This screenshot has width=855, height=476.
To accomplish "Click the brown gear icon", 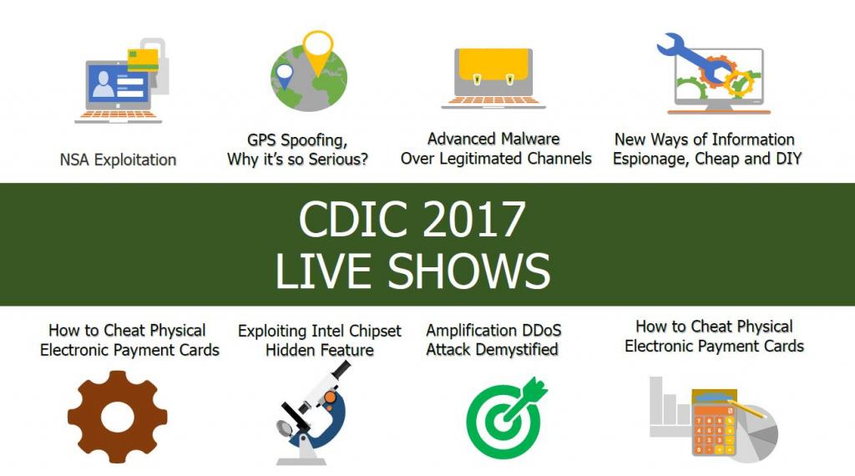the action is click(x=117, y=417).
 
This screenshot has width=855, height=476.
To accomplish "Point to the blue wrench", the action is click(x=692, y=59).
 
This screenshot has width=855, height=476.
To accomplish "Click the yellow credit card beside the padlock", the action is click(x=143, y=60).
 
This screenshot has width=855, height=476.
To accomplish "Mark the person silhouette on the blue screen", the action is click(x=104, y=84).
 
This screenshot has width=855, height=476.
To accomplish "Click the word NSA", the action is click(x=74, y=160).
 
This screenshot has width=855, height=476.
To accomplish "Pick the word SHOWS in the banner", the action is click(x=469, y=271).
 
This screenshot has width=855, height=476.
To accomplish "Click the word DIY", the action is click(x=788, y=159).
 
